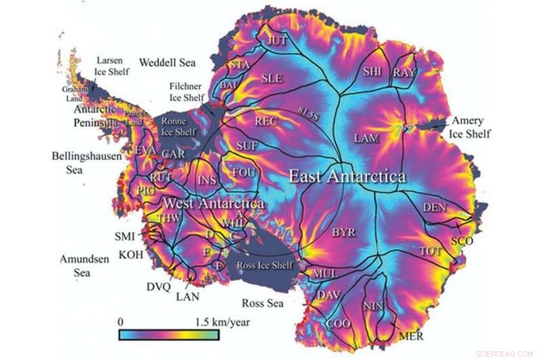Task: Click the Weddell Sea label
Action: (x=167, y=63)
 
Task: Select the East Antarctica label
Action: (x=347, y=177)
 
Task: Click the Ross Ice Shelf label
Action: (x=265, y=265)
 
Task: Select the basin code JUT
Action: (x=278, y=41)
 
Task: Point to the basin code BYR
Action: (x=343, y=233)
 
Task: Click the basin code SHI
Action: (x=373, y=71)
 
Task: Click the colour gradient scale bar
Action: (x=168, y=335)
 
